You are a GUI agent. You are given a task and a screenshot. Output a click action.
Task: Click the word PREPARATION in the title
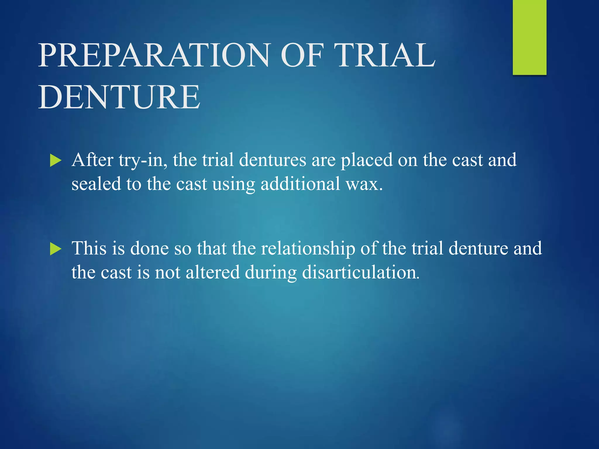pos(154,55)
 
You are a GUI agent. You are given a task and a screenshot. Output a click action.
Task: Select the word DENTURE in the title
pos(119,97)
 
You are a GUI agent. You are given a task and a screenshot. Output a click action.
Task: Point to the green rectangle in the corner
pos(529,37)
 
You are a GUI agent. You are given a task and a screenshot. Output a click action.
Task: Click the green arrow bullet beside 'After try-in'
pos(56,160)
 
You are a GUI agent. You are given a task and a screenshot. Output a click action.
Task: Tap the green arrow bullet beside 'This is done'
pos(56,249)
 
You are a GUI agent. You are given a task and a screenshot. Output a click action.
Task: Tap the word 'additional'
pos(300,184)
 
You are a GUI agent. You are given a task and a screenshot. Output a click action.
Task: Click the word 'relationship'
pos(308,249)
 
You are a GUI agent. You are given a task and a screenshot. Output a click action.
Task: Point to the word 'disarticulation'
pos(360,272)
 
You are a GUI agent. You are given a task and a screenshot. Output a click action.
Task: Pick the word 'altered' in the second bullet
pos(213,272)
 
